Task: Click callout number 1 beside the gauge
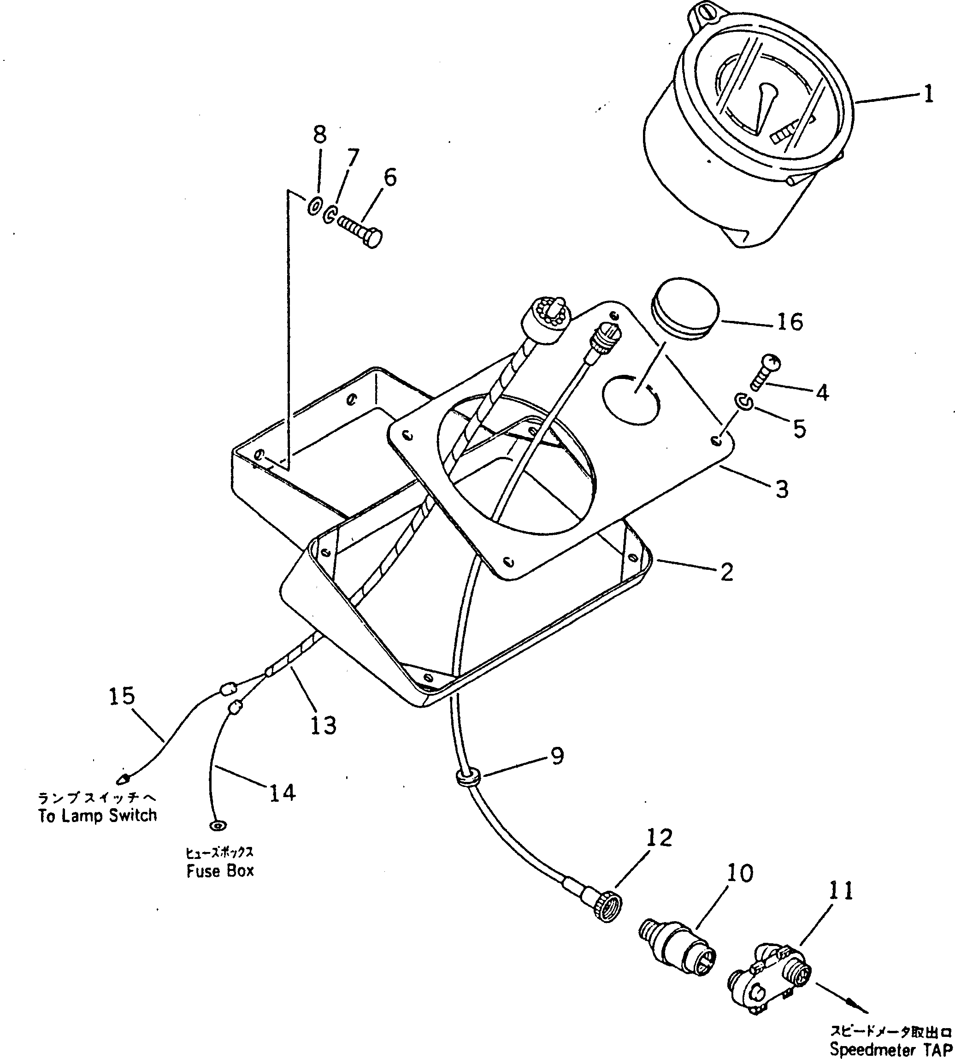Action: pos(928,95)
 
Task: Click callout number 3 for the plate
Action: pos(781,490)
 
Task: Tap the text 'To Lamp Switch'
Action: pos(98,816)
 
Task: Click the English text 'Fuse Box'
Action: pos(220,871)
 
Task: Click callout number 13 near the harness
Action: pos(323,725)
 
